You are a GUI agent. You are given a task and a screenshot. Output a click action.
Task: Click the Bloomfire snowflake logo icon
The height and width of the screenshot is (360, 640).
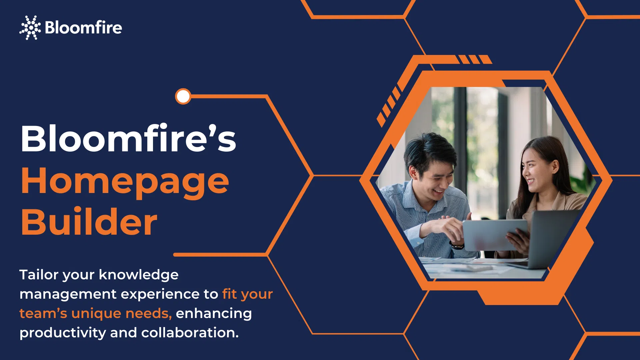(x=30, y=28)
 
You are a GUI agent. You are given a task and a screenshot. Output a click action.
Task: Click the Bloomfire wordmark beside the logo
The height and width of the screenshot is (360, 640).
(x=83, y=27)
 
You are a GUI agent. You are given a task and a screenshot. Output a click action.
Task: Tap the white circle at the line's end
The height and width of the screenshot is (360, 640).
(x=183, y=97)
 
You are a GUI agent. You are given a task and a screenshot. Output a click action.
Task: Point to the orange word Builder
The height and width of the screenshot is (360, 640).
(x=89, y=222)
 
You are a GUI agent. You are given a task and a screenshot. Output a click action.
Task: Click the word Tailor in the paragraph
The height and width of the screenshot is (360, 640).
(x=39, y=275)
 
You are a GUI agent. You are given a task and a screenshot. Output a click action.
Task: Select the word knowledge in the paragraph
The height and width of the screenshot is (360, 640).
(x=139, y=275)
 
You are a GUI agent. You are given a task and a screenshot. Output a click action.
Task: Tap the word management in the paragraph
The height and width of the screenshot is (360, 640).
(x=68, y=295)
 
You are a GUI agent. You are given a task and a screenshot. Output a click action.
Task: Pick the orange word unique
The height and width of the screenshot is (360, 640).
(x=96, y=314)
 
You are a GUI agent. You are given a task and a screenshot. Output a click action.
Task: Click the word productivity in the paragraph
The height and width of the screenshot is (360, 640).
(x=63, y=333)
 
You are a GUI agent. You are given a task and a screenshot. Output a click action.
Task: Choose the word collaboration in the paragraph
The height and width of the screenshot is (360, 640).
(x=190, y=333)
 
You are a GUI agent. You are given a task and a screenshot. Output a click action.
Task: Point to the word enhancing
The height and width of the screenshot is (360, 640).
(x=214, y=314)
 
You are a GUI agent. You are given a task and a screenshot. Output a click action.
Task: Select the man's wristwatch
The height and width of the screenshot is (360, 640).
(x=457, y=246)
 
